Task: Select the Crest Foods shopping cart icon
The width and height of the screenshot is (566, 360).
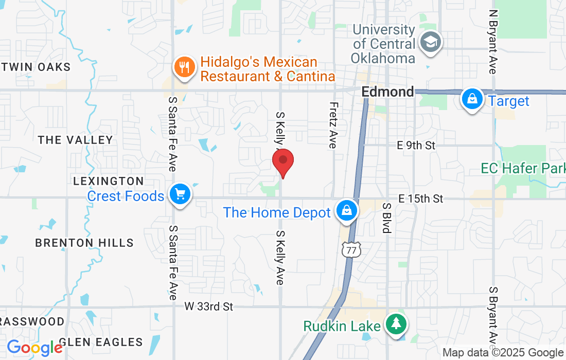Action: click(180, 195)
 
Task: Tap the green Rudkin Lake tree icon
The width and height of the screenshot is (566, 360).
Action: click(396, 325)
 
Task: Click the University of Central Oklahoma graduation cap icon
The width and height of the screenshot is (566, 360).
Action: click(429, 42)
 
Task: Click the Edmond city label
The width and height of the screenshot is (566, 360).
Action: click(387, 92)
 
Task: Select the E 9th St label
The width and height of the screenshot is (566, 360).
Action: click(416, 146)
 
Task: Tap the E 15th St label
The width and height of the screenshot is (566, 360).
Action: click(420, 199)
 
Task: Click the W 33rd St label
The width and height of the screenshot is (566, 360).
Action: click(209, 307)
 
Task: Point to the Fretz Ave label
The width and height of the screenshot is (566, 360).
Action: click(332, 124)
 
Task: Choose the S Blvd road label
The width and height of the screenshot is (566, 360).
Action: click(386, 217)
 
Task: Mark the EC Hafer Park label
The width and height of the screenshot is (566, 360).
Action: click(523, 168)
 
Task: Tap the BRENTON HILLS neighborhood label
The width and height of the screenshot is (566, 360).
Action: click(84, 243)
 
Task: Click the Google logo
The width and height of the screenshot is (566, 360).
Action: click(34, 348)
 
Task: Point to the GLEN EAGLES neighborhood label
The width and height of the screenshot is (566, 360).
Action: click(101, 342)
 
